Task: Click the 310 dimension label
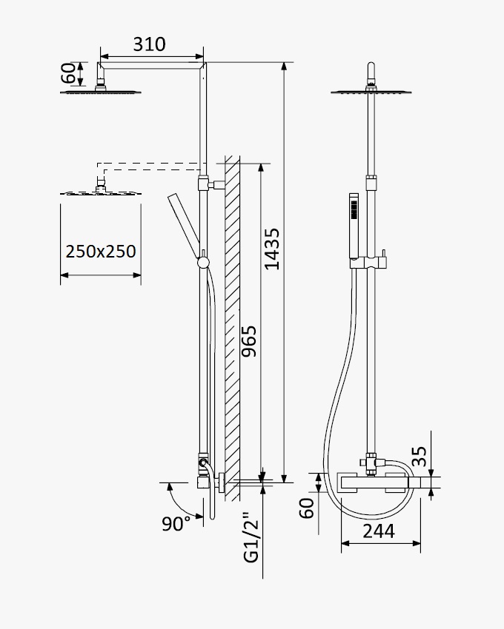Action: click(x=149, y=44)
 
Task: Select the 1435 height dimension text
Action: click(x=272, y=249)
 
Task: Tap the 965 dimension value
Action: click(x=249, y=341)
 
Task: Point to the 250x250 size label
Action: click(x=101, y=252)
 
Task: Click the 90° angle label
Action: click(x=176, y=523)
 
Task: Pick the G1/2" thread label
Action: click(x=251, y=537)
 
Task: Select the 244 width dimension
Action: click(x=379, y=531)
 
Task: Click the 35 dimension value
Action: click(x=420, y=457)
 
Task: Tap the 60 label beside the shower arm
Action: click(x=67, y=73)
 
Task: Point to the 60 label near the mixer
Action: click(x=307, y=508)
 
